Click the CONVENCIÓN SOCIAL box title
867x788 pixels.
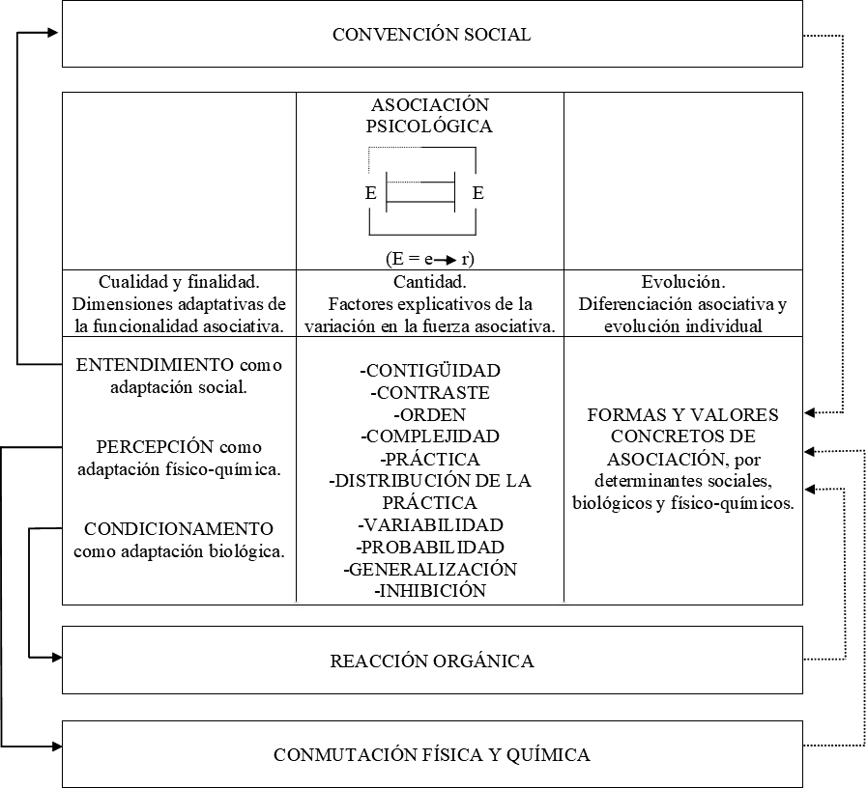click(431, 35)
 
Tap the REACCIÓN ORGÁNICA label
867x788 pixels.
click(431, 661)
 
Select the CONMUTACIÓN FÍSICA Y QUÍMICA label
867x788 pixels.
click(431, 754)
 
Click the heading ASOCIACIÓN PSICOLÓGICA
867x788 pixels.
click(430, 115)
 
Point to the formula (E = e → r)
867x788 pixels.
click(429, 259)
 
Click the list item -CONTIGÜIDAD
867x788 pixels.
click(429, 371)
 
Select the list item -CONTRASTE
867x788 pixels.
click(429, 393)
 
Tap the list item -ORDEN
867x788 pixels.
click(429, 415)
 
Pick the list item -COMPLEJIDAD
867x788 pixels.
click(429, 436)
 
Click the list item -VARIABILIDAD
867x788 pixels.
click(429, 525)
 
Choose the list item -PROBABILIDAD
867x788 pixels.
click(429, 548)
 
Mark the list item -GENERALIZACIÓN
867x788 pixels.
click(429, 569)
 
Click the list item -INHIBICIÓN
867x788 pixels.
click(429, 591)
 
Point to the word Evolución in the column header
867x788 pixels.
click(683, 282)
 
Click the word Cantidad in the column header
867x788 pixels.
click(429, 282)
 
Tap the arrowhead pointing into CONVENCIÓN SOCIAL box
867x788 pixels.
click(56, 32)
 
